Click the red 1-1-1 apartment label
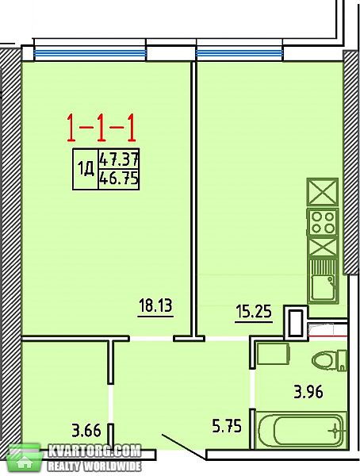(x=101, y=129)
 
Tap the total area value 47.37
(x=119, y=159)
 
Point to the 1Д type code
(x=86, y=169)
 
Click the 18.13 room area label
(x=155, y=305)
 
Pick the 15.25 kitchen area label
(x=254, y=312)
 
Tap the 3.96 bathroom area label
(x=308, y=391)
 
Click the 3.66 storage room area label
(x=86, y=430)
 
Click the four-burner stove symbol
(x=323, y=222)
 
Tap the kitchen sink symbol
(x=323, y=282)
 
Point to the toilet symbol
(x=329, y=360)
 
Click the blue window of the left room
(x=90, y=54)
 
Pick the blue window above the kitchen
(x=239, y=54)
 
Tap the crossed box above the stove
(x=323, y=192)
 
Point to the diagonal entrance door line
(x=182, y=446)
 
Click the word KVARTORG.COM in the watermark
(x=94, y=451)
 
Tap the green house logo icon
(x=25, y=459)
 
